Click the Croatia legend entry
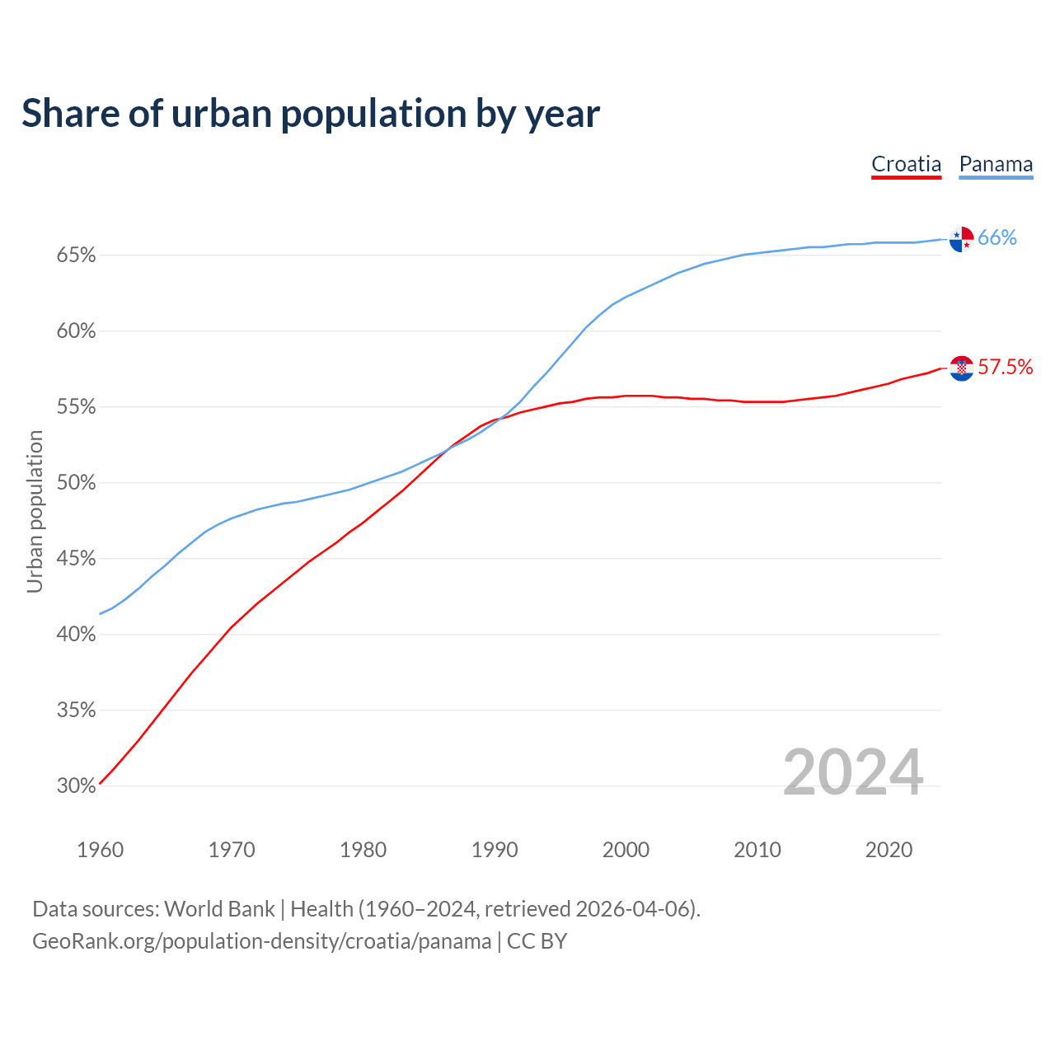tap(906, 164)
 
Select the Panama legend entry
tap(996, 164)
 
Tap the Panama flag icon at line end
tap(961, 238)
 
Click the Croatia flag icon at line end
tap(961, 368)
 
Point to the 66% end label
tap(997, 238)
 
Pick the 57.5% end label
tap(1006, 368)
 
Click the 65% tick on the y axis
tap(77, 256)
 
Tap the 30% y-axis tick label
tap(77, 786)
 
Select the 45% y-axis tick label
tap(77, 559)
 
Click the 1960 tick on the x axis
tap(101, 850)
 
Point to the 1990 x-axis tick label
tap(495, 850)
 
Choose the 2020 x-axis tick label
tap(889, 850)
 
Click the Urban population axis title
tap(35, 511)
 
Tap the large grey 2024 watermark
tap(853, 772)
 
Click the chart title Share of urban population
tap(311, 114)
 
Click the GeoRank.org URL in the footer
tap(261, 941)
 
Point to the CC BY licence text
tap(537, 941)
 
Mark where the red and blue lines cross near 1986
tap(446, 450)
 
